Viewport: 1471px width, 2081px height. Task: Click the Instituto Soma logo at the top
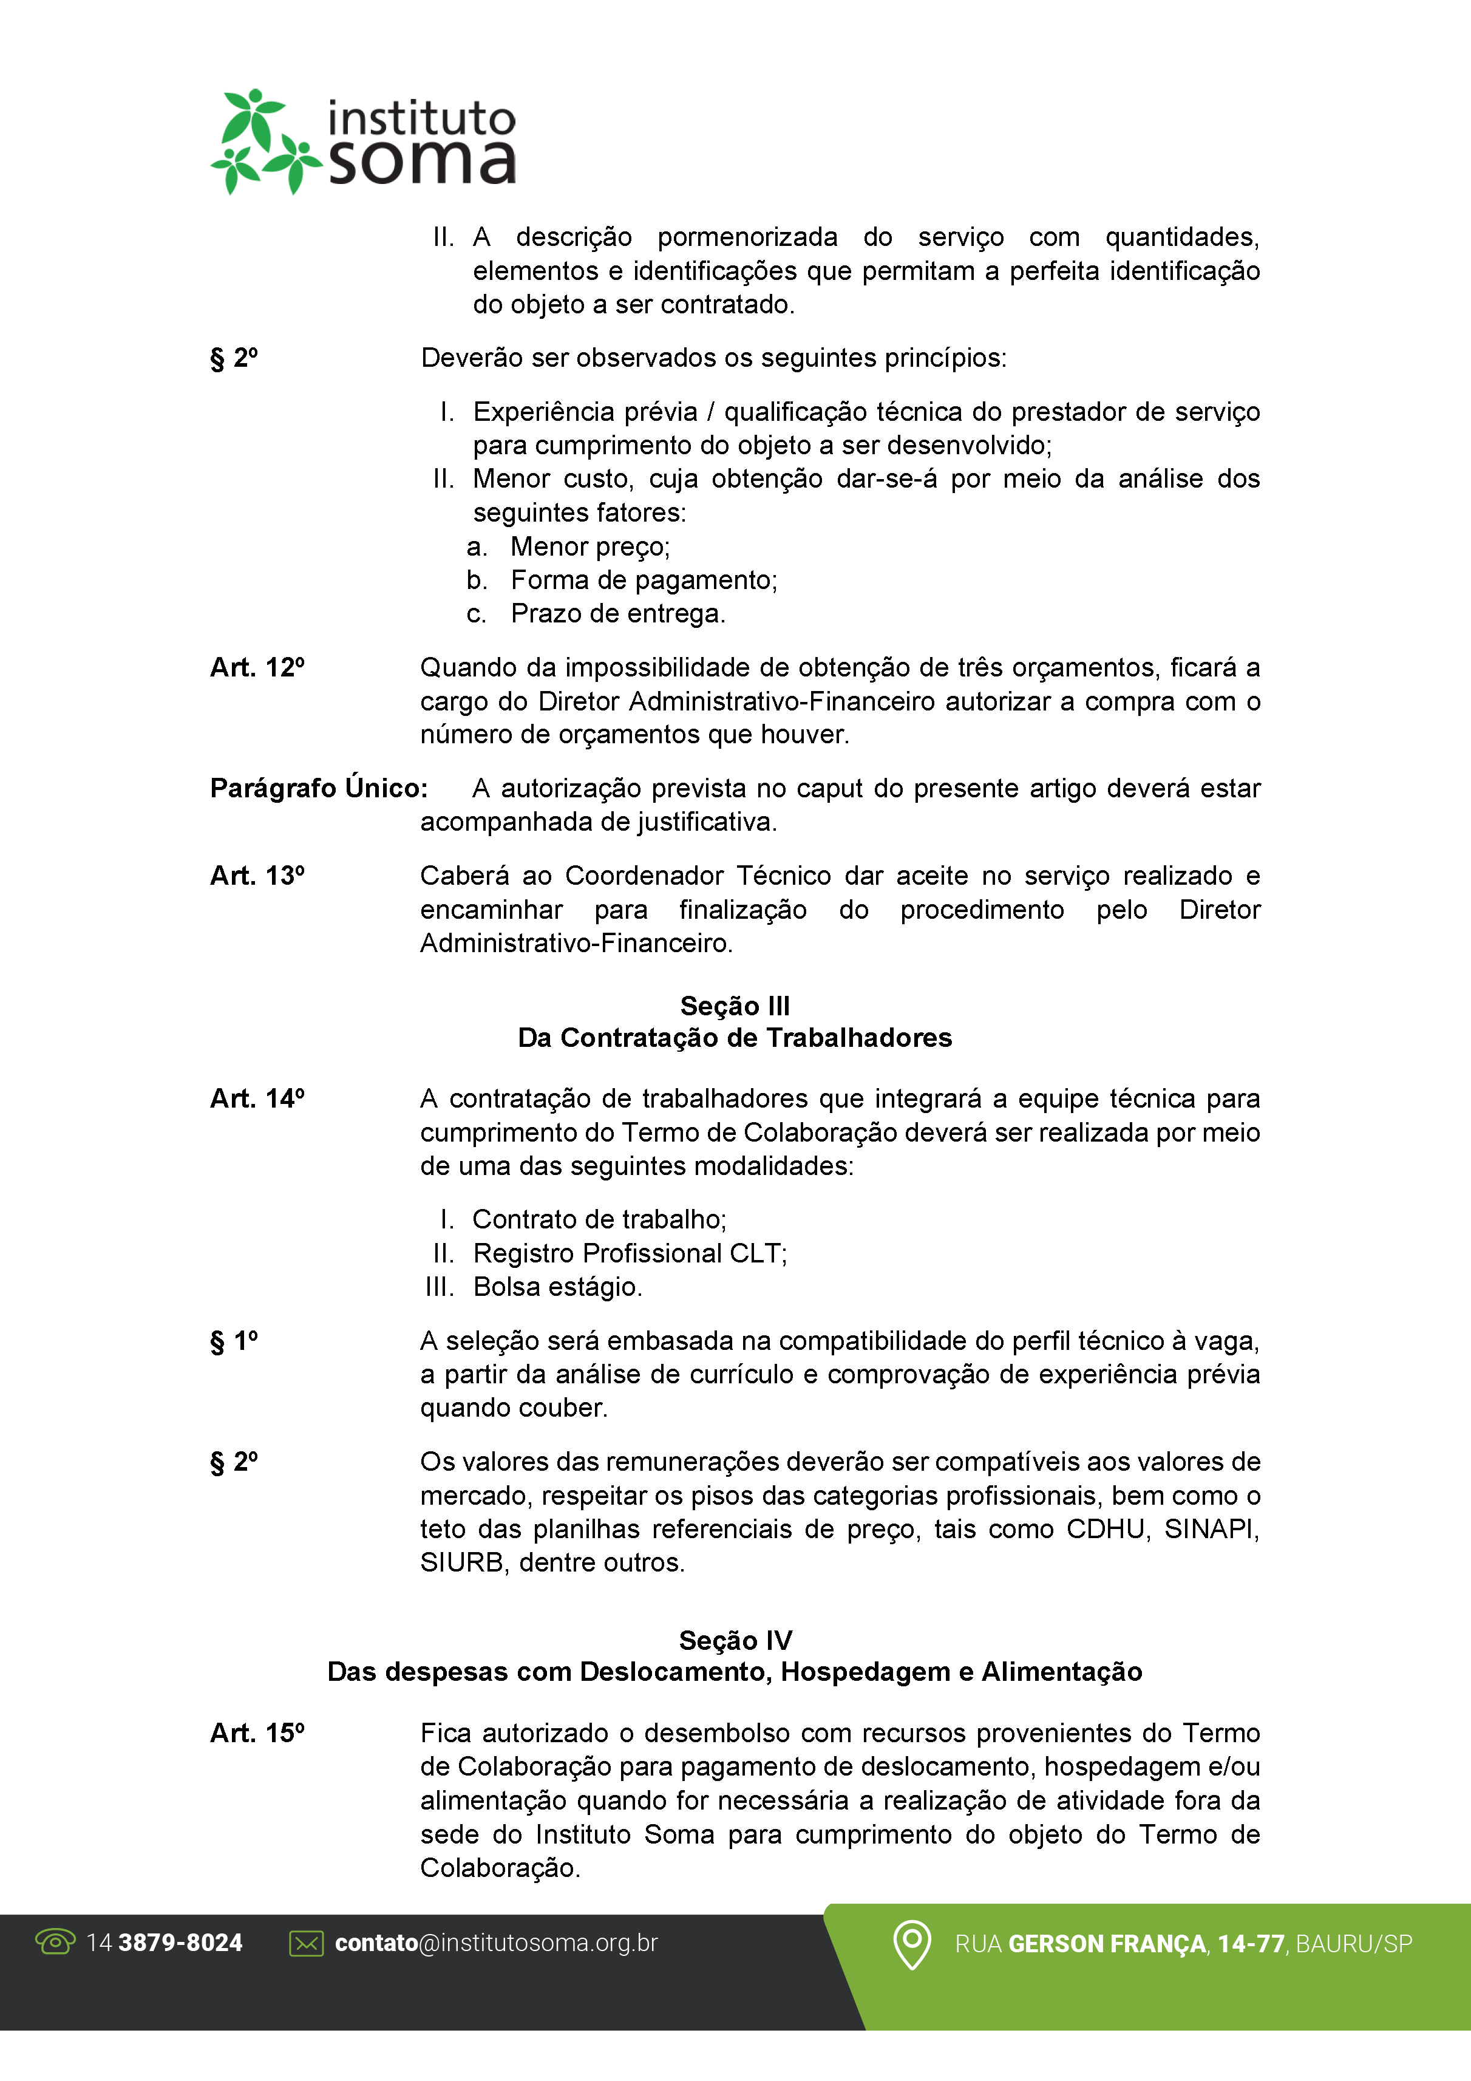(362, 141)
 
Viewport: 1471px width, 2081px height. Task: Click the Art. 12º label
(257, 668)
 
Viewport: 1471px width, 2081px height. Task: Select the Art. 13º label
(257, 876)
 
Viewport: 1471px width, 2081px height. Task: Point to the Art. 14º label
(257, 1098)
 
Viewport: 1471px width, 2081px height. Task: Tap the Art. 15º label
(257, 1733)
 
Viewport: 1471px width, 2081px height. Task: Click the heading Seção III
(735, 1006)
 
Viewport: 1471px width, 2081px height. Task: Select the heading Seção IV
(735, 1641)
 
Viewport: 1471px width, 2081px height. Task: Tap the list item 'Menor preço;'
(590, 547)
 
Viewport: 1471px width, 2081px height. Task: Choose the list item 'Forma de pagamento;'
(644, 580)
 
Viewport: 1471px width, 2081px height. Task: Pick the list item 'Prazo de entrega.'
(618, 613)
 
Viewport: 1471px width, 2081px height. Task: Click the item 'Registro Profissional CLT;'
(630, 1253)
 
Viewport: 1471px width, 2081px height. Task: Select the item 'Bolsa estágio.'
(557, 1287)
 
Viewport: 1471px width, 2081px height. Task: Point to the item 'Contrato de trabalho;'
(599, 1220)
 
